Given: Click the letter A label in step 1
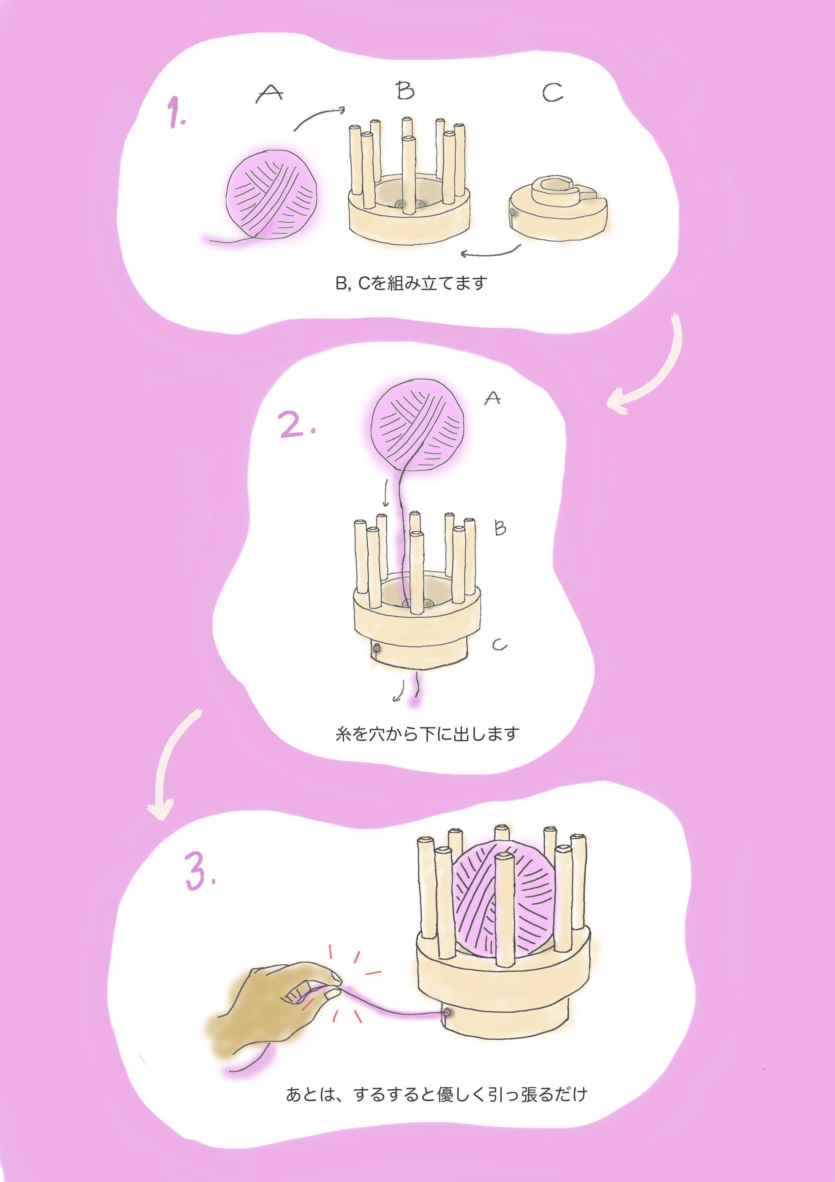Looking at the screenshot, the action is click(270, 93).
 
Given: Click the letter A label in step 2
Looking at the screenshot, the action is click(493, 398).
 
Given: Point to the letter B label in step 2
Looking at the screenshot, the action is click(500, 528).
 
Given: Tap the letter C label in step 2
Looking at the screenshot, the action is click(499, 645).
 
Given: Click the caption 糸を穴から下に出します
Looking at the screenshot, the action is click(427, 734).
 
